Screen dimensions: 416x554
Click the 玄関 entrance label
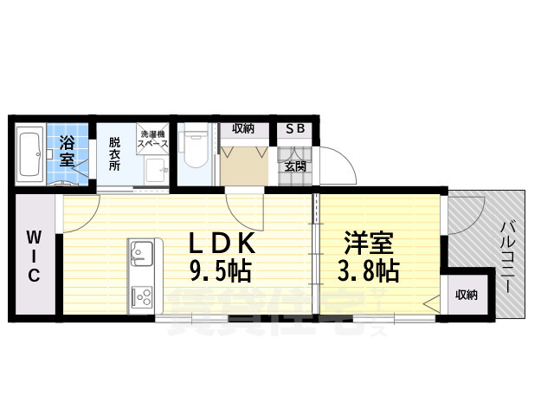[x=295, y=166]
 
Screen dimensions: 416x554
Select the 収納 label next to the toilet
[x=242, y=129]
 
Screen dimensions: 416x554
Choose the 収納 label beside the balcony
[x=466, y=296]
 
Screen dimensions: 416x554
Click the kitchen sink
[x=140, y=255]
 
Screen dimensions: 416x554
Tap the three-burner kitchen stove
[x=140, y=297]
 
